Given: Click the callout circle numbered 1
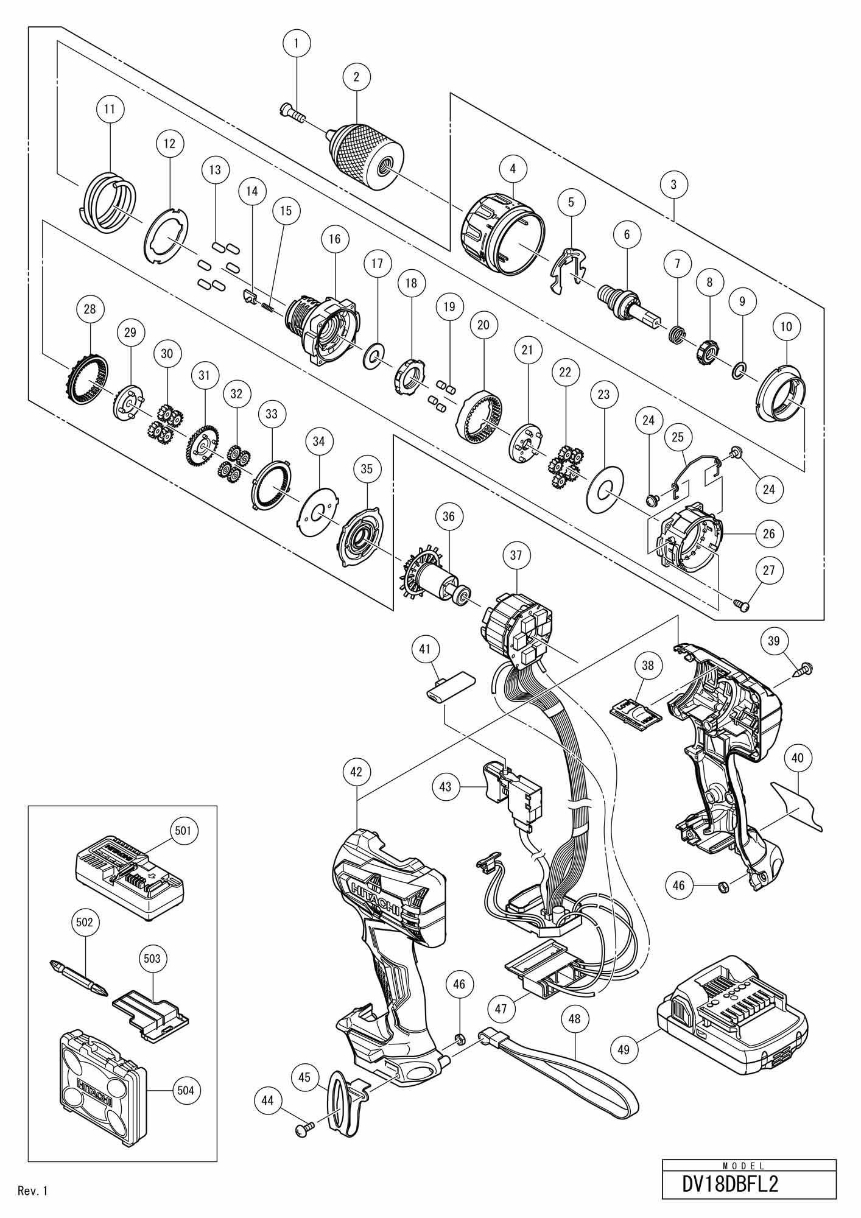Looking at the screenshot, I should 297,43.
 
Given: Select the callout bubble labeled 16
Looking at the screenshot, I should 335,238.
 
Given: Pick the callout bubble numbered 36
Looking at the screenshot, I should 449,516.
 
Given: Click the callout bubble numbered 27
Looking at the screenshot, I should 769,571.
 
